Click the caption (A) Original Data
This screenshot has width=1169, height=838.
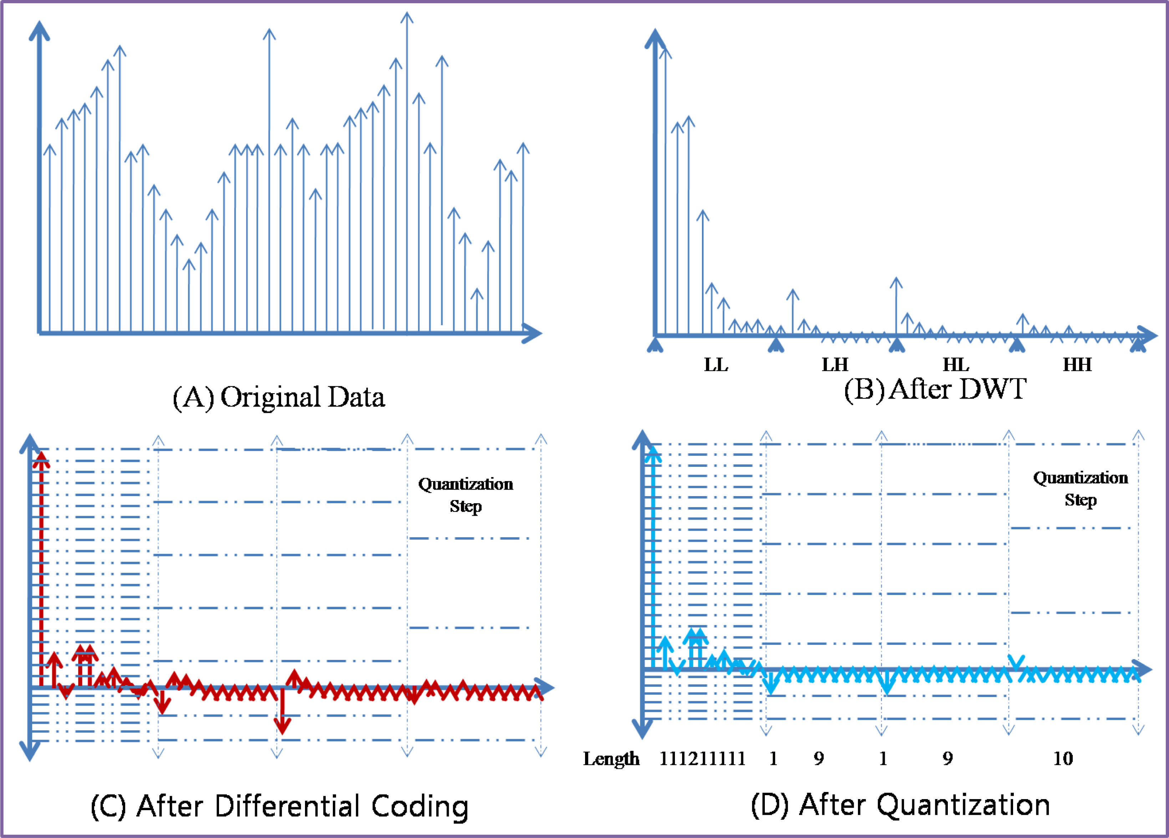click(x=278, y=398)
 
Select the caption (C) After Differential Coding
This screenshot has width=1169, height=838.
click(x=279, y=806)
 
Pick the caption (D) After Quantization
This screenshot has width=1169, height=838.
click(x=900, y=804)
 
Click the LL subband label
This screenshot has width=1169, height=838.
click(x=716, y=365)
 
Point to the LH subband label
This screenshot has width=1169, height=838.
click(x=834, y=365)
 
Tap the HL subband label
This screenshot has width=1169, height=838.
click(x=956, y=365)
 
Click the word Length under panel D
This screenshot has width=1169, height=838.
click(x=611, y=758)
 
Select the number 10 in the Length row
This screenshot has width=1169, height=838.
click(x=1062, y=758)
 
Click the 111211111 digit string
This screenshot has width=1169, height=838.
click(x=702, y=758)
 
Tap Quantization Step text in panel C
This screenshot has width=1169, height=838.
click(x=466, y=495)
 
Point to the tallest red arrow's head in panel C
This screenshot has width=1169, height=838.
click(x=41, y=457)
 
